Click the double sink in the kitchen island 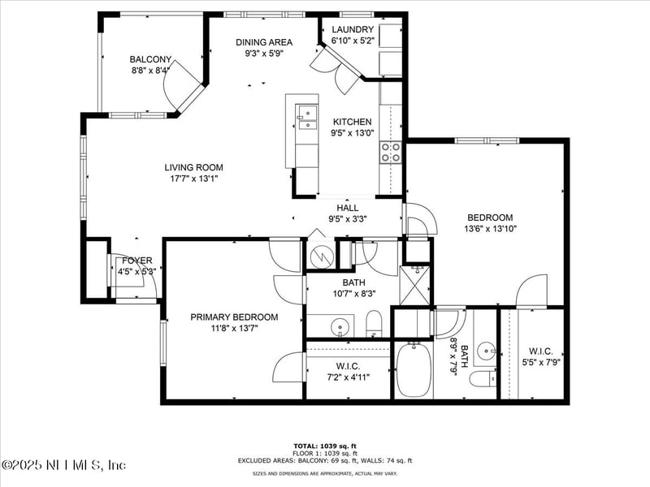[x=307, y=118]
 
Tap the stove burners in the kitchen [x=391, y=153]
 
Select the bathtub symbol [x=414, y=368]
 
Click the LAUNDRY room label [x=353, y=29]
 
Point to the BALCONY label [x=150, y=59]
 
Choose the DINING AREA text [x=264, y=42]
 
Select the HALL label [x=348, y=208]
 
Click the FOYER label [x=137, y=261]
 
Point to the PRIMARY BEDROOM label [x=234, y=317]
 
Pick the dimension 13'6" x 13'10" [x=490, y=229]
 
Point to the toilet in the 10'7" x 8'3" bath [x=374, y=324]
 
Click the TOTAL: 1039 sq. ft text [x=325, y=446]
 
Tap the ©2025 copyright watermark [x=63, y=466]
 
